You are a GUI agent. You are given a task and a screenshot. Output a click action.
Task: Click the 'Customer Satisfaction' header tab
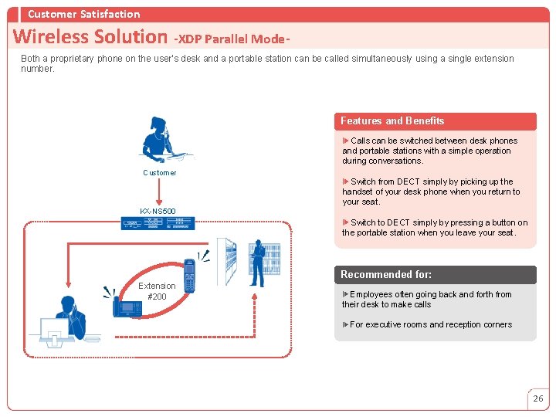83,14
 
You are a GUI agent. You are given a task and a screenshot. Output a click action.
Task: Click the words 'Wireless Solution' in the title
90,36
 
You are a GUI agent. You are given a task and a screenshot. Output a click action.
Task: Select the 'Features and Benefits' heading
392,120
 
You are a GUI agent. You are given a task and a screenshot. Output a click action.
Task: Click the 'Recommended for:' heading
386,274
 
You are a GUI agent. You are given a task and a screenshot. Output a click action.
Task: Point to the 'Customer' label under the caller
160,173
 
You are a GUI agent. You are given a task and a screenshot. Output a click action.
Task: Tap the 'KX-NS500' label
158,211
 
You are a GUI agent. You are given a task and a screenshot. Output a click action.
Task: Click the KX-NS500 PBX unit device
158,222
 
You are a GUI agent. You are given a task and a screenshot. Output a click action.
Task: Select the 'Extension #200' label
157,291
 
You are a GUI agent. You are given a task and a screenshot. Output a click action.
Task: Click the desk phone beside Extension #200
127,307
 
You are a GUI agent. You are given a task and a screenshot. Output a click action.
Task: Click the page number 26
537,398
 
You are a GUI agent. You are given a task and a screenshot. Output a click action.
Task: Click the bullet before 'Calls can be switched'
346,141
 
